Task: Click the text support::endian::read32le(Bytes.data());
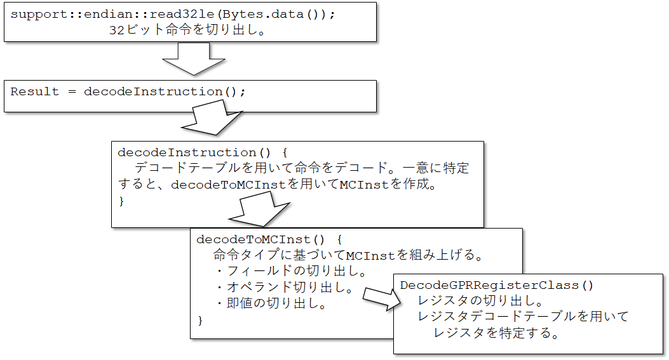point(172,15)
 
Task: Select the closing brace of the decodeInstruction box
point(122,201)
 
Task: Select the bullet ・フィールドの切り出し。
point(290,272)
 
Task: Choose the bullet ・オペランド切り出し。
point(284,288)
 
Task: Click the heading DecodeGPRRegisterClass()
point(497,285)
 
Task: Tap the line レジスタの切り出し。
point(480,300)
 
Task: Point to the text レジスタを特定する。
point(496,333)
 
